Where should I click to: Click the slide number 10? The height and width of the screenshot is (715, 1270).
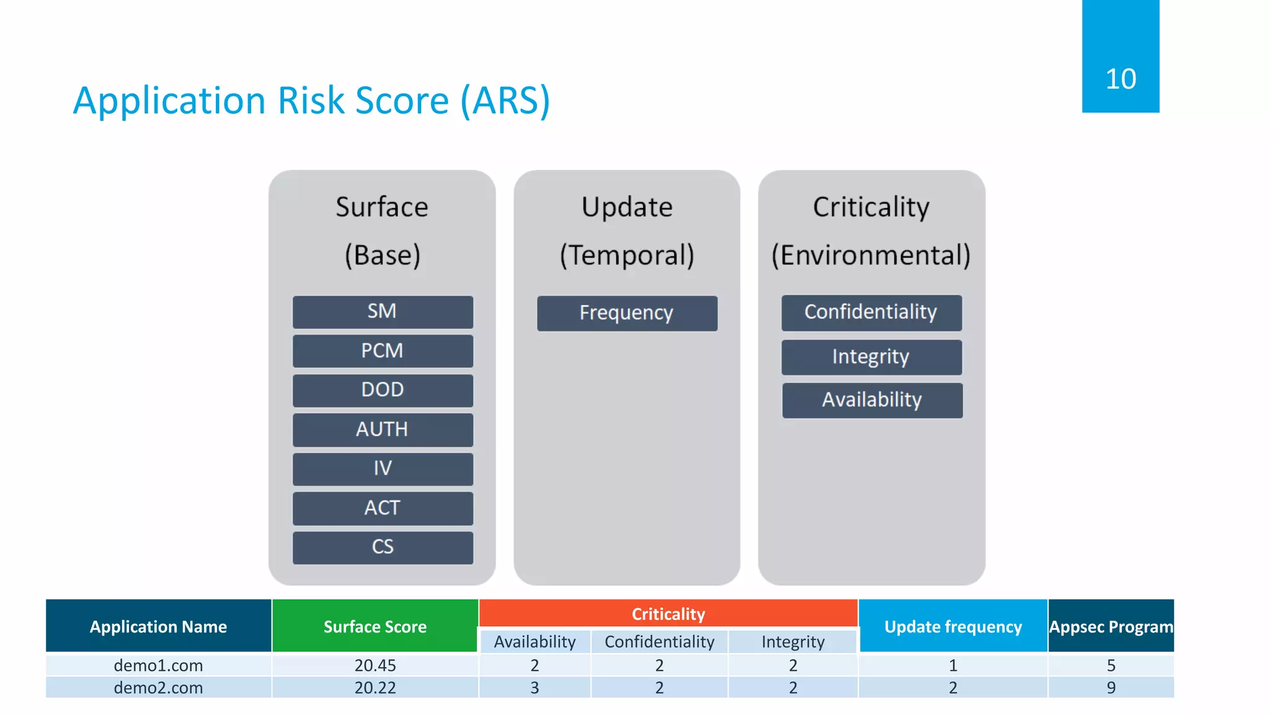[1120, 79]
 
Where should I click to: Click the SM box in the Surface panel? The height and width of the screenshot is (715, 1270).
[383, 312]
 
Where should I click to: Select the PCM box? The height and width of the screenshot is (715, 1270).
[383, 351]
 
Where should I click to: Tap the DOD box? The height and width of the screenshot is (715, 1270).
[383, 390]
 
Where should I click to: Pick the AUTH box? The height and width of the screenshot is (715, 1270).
[383, 429]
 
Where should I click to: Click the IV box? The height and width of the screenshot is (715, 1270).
[383, 469]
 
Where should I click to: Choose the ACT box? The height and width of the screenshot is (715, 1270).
[383, 508]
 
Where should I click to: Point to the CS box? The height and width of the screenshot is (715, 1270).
[383, 547]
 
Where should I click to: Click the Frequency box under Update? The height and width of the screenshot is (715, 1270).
[627, 313]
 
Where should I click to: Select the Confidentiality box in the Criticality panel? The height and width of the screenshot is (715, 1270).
[871, 312]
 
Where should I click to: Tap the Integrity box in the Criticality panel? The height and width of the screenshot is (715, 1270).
[871, 357]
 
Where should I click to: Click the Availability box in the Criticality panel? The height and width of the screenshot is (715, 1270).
[872, 400]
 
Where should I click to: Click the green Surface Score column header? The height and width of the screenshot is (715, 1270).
[375, 626]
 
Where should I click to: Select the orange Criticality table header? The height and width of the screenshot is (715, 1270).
[668, 614]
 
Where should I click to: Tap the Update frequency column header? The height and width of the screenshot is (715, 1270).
[952, 626]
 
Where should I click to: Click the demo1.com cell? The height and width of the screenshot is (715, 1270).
[158, 665]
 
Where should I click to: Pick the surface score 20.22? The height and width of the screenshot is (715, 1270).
[375, 688]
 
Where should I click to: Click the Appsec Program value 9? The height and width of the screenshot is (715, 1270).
[1111, 688]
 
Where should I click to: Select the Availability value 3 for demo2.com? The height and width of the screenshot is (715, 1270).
[535, 688]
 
